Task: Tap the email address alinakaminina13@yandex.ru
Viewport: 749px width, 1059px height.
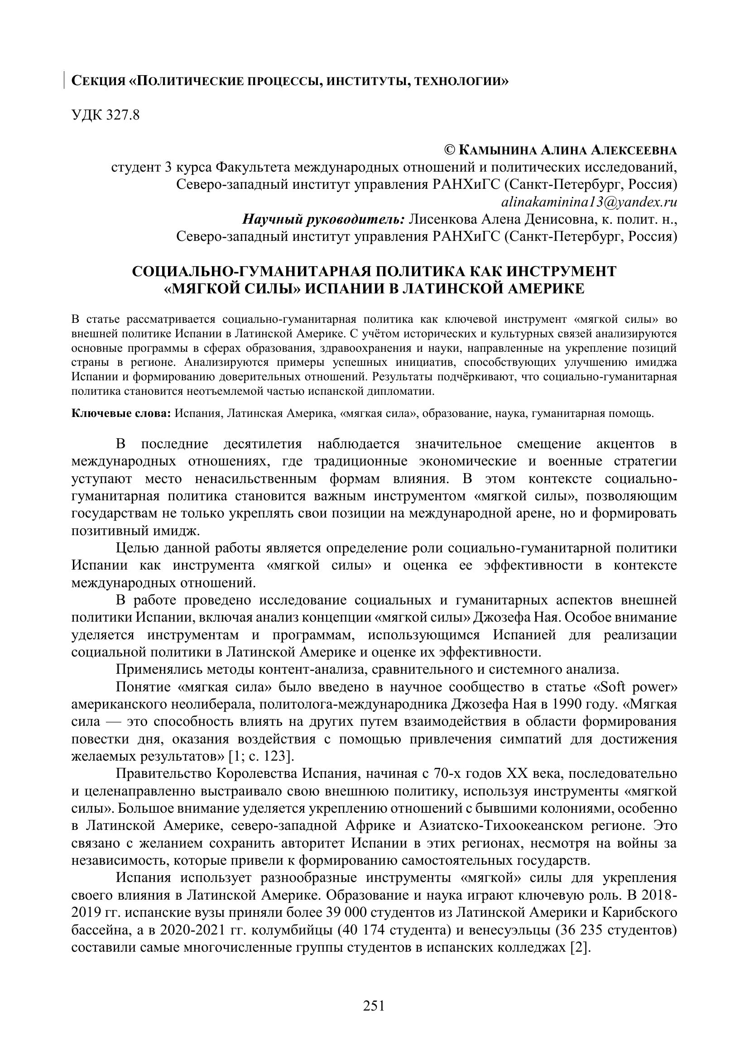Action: (589, 202)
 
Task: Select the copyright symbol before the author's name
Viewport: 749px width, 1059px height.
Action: (449, 150)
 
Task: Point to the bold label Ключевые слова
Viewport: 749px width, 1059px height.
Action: (121, 413)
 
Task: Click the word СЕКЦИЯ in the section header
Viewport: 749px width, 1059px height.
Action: (98, 81)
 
